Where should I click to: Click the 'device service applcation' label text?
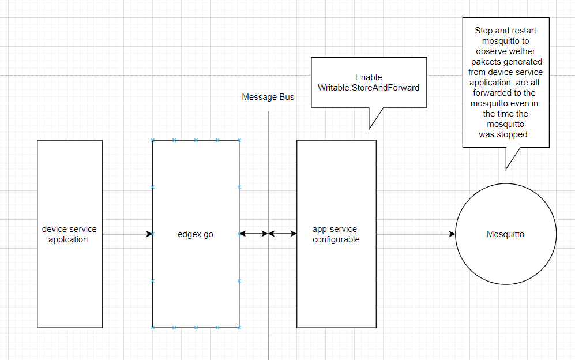pyautogui.click(x=69, y=234)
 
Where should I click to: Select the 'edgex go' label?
pyautogui.click(x=196, y=234)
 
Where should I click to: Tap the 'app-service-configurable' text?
pyautogui.click(x=336, y=234)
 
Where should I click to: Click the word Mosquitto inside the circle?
pyautogui.click(x=505, y=234)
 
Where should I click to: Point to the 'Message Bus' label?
pyautogui.click(x=268, y=97)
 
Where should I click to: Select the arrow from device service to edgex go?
pyautogui.click(x=127, y=234)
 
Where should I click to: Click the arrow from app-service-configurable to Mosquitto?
pyautogui.click(x=415, y=234)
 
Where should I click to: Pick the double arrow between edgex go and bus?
pyautogui.click(x=254, y=234)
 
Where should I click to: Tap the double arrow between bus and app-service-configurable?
pyautogui.click(x=283, y=234)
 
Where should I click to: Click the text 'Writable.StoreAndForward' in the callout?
pyautogui.click(x=369, y=88)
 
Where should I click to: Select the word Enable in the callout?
pyautogui.click(x=369, y=77)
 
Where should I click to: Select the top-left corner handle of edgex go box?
pyautogui.click(x=153, y=140)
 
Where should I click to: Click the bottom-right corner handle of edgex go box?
pyautogui.click(x=239, y=328)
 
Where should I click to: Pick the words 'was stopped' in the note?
pyautogui.click(x=503, y=134)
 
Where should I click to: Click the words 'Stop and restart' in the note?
pyautogui.click(x=505, y=30)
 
